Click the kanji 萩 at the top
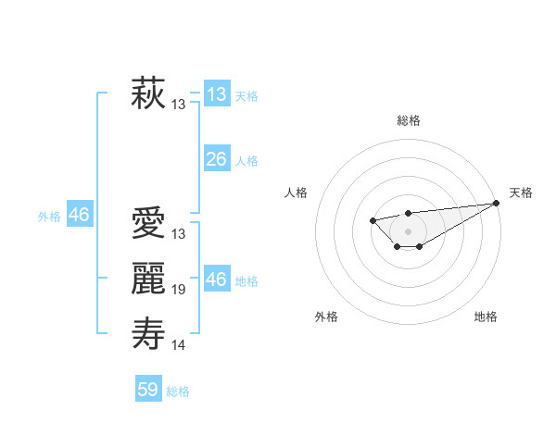pyautogui.click(x=148, y=93)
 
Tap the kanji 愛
pyautogui.click(x=148, y=224)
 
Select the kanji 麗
pyautogui.click(x=148, y=279)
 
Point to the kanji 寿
pyautogui.click(x=148, y=333)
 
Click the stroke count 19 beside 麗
pyautogui.click(x=179, y=290)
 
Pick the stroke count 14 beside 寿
pyautogui.click(x=179, y=345)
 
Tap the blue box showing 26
pyautogui.click(x=216, y=159)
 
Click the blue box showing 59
pyautogui.click(x=148, y=390)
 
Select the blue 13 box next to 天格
pyautogui.click(x=216, y=94)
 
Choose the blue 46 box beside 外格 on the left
pyautogui.click(x=79, y=215)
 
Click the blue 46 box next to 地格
pyautogui.click(x=216, y=280)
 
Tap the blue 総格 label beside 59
pyautogui.click(x=178, y=391)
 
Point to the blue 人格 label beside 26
pyautogui.click(x=246, y=161)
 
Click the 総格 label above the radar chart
pyautogui.click(x=408, y=120)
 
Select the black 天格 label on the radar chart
pyautogui.click(x=522, y=193)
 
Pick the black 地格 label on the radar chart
pyautogui.click(x=486, y=317)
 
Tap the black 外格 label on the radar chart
pyautogui.click(x=326, y=317)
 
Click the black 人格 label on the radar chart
pyautogui.click(x=297, y=193)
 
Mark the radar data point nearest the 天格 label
pyautogui.click(x=498, y=203)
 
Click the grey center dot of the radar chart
pyautogui.click(x=408, y=230)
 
